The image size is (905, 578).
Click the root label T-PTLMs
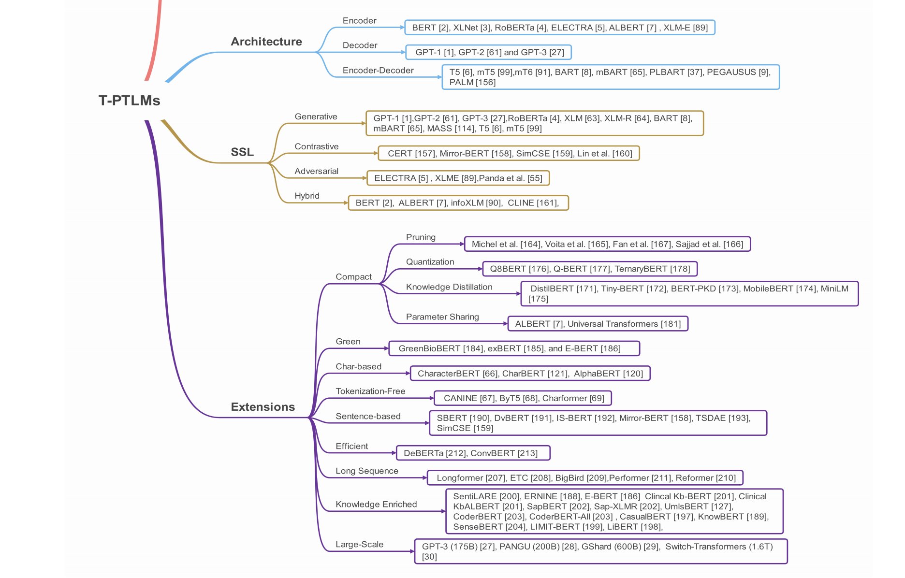click(x=129, y=101)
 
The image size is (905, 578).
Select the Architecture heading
click(x=266, y=42)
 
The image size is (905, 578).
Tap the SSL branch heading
click(x=242, y=152)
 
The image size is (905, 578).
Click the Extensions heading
click(x=263, y=407)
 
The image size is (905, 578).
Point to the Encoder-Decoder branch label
click(x=378, y=71)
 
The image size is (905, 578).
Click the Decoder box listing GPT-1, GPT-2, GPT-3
click(x=489, y=52)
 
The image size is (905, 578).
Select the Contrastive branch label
click(x=316, y=146)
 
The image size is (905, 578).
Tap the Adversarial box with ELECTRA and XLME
click(x=458, y=178)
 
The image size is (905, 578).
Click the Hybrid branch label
click(x=307, y=196)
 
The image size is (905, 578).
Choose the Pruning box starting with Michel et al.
click(x=607, y=244)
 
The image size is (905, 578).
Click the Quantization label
click(x=430, y=262)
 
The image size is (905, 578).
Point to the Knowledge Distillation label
click(x=449, y=287)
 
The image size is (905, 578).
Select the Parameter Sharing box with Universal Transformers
click(x=598, y=324)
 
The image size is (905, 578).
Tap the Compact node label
click(x=353, y=277)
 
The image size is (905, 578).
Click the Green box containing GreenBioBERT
click(x=514, y=348)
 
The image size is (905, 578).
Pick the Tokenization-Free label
click(x=370, y=391)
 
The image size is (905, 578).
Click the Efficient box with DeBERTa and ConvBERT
click(x=473, y=453)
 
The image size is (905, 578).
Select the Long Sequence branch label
click(x=366, y=471)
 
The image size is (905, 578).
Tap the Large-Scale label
click(x=359, y=545)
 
